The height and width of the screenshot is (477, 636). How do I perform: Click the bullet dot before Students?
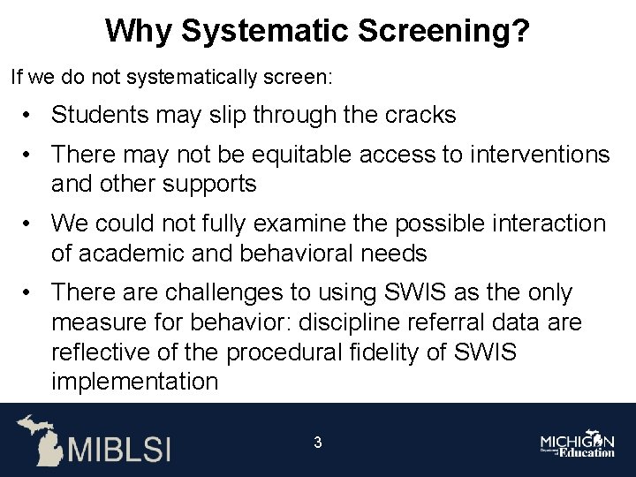(30, 116)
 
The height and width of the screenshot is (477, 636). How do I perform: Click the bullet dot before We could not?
(30, 224)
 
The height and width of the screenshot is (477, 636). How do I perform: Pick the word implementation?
(134, 382)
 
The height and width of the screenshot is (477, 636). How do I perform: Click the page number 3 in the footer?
(317, 443)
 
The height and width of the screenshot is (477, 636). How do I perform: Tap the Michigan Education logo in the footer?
(578, 444)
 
